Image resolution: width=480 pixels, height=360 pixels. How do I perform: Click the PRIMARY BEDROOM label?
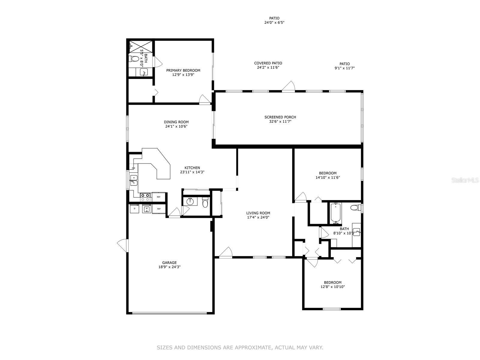click(183, 70)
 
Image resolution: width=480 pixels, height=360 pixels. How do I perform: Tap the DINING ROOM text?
click(176, 122)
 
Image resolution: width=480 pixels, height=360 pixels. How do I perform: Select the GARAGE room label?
click(169, 262)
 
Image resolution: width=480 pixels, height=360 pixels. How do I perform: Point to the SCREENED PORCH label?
click(280, 117)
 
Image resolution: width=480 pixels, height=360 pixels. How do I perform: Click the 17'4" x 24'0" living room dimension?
click(258, 217)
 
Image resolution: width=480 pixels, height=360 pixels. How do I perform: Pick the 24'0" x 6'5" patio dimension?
click(274, 22)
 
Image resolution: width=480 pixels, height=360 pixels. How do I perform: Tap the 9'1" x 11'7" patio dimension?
click(344, 68)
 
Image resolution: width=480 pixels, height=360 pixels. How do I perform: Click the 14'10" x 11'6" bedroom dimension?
click(328, 178)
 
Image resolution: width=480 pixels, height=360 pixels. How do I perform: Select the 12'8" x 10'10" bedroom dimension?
click(333, 287)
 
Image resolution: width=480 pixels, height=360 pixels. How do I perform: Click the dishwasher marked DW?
click(133, 168)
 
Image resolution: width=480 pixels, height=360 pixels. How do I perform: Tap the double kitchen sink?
click(133, 180)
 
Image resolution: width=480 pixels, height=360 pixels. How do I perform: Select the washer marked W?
click(147, 208)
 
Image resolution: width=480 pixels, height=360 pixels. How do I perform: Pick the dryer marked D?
click(134, 208)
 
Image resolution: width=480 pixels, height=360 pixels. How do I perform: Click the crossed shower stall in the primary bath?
click(141, 46)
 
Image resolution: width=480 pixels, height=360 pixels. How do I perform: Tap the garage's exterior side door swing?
click(122, 245)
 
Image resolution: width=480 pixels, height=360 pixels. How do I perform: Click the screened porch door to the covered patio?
click(288, 86)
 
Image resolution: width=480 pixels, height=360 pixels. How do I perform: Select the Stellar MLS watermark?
click(465, 180)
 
